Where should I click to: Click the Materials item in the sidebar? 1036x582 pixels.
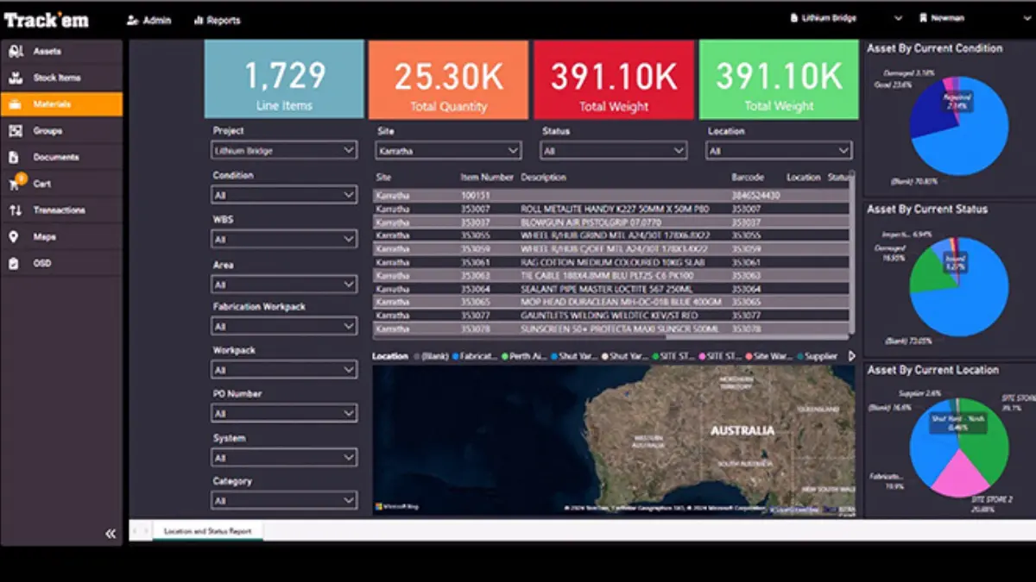(52, 104)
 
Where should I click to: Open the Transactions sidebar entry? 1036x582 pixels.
(59, 210)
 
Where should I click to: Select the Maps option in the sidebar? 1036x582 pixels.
(46, 237)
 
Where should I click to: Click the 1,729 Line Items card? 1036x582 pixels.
(284, 79)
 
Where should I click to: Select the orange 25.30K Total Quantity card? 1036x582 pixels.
(448, 79)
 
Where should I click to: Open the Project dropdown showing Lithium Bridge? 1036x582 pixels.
(284, 151)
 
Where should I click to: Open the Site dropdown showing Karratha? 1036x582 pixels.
(448, 151)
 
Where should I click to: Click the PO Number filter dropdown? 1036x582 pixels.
(284, 414)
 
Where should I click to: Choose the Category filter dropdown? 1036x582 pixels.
(284, 500)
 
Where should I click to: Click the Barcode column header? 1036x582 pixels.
(748, 178)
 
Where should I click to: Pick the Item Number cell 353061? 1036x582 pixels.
(476, 262)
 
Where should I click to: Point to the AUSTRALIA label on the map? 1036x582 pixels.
(742, 429)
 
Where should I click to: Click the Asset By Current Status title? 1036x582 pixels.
(926, 209)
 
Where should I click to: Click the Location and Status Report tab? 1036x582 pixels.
(207, 531)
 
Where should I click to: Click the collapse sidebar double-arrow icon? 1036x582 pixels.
(111, 534)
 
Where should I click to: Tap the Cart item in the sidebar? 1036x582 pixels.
(41, 184)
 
